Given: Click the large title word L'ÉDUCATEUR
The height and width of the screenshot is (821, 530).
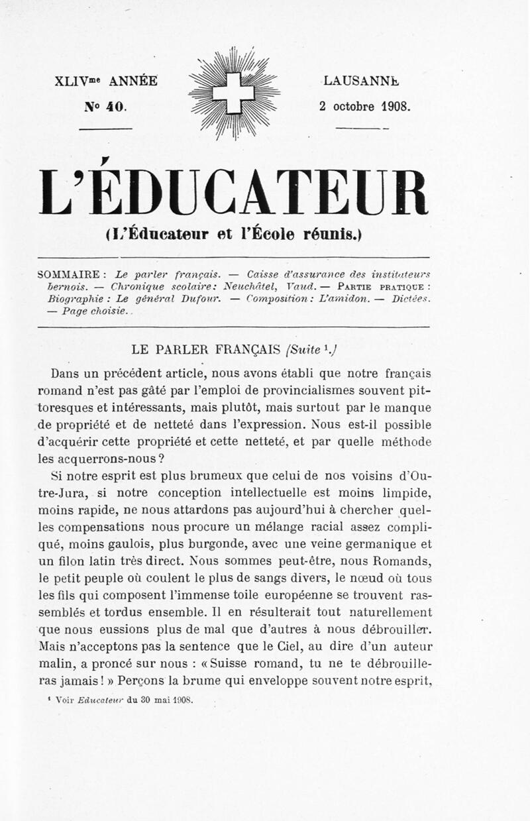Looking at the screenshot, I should [233, 193].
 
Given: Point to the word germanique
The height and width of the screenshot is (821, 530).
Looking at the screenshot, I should [376, 545].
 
